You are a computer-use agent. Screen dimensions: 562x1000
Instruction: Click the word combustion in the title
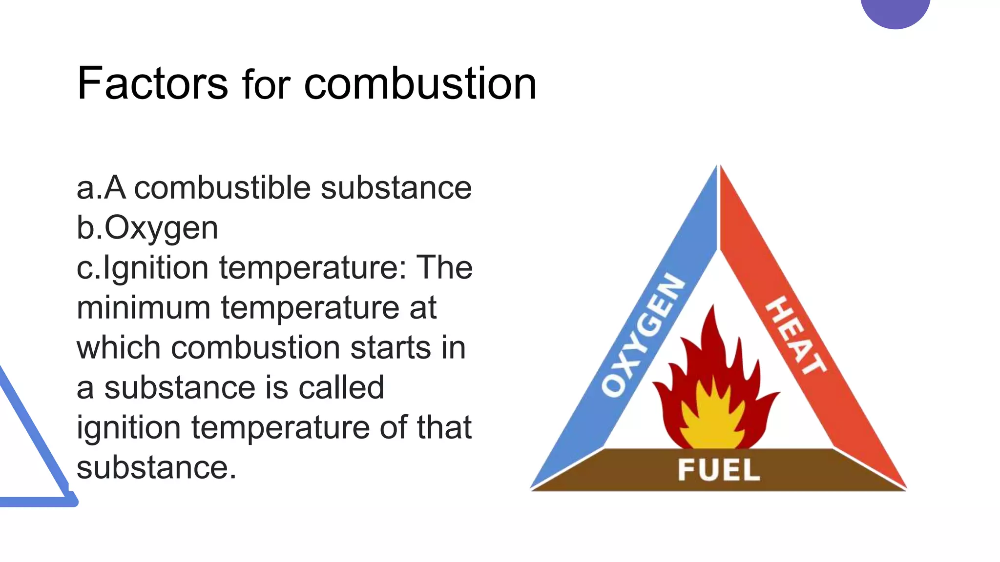pyautogui.click(x=420, y=84)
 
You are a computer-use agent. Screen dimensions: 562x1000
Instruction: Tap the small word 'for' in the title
pyautogui.click(x=266, y=86)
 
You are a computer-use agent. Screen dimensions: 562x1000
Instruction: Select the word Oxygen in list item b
pyautogui.click(x=161, y=228)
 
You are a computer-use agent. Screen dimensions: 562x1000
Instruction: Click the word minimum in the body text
pyautogui.click(x=143, y=308)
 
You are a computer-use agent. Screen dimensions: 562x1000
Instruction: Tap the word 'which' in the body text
pyautogui.click(x=118, y=348)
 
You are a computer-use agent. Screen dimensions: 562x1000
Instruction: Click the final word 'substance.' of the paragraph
pyautogui.click(x=156, y=468)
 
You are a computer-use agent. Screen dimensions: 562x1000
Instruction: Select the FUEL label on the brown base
pyautogui.click(x=718, y=470)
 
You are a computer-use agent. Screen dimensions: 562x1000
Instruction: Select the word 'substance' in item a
pyautogui.click(x=396, y=188)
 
